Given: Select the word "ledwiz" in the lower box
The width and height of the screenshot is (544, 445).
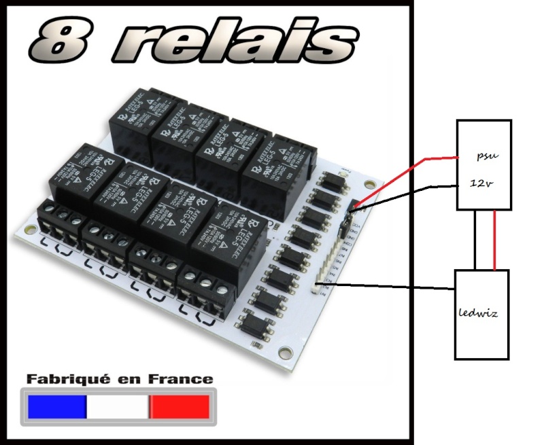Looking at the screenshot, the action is pyautogui.click(x=481, y=314).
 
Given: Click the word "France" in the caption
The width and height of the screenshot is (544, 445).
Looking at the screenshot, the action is pyautogui.click(x=180, y=379).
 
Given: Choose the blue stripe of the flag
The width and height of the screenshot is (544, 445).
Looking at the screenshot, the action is pyautogui.click(x=56, y=406).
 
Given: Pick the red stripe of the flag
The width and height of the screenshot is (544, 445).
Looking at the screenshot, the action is pyautogui.click(x=180, y=406).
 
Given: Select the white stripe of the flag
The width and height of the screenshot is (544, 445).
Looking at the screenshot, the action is pyautogui.click(x=117, y=406).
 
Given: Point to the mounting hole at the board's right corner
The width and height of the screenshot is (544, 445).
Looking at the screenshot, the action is pyautogui.click(x=370, y=184).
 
